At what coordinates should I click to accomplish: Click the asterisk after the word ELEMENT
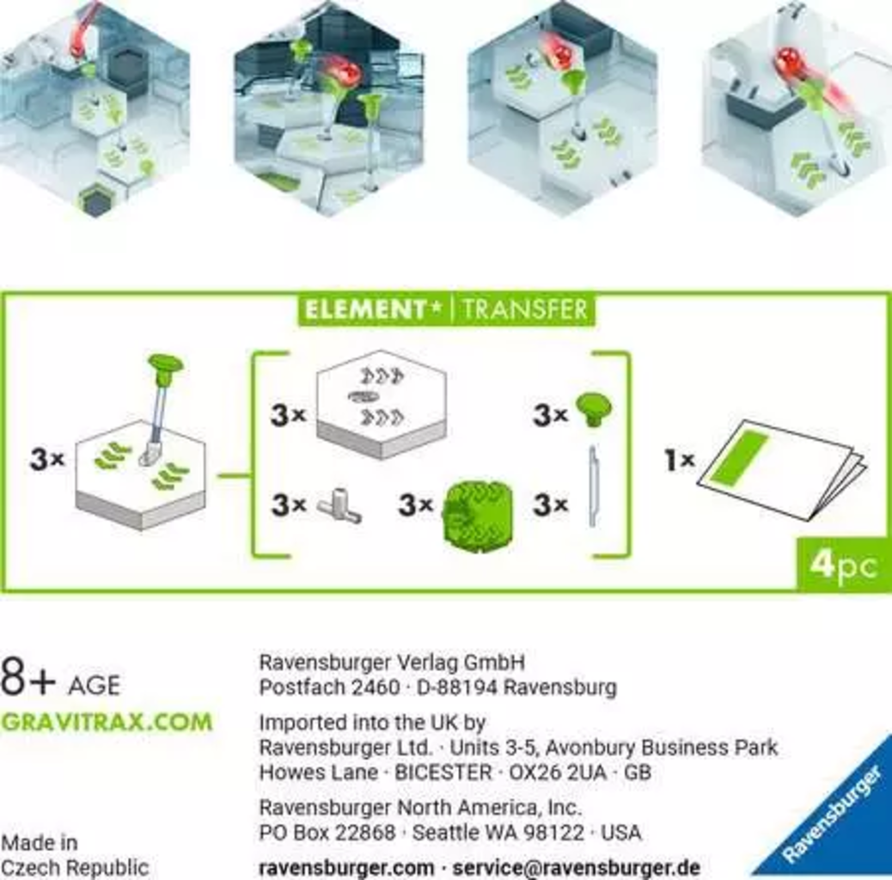click(x=437, y=307)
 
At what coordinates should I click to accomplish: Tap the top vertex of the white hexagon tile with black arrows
click(x=381, y=351)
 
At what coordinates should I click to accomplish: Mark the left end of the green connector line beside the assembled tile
click(x=218, y=475)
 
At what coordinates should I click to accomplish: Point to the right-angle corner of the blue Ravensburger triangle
click(x=891, y=875)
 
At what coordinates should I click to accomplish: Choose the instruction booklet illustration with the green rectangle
click(x=782, y=467)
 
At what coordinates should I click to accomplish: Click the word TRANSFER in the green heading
click(x=524, y=309)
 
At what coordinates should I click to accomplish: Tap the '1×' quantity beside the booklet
click(x=680, y=460)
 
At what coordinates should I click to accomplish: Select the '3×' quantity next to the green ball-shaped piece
click(x=416, y=504)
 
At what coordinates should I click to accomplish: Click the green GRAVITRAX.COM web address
click(x=107, y=722)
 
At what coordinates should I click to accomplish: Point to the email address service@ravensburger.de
click(x=576, y=868)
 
